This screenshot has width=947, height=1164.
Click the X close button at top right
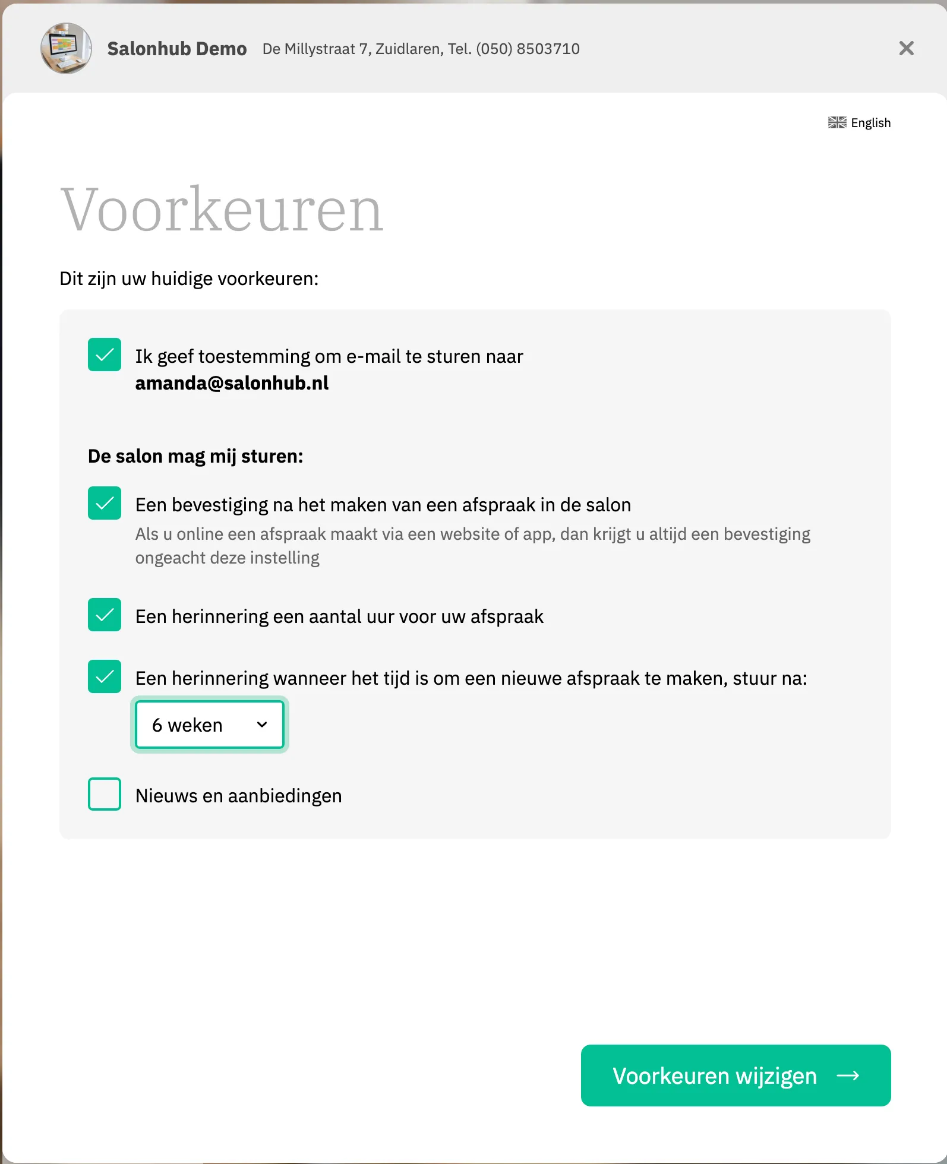(906, 48)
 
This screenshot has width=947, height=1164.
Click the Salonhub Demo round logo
(66, 49)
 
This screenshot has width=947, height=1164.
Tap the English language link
(870, 123)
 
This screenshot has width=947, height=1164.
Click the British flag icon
(837, 123)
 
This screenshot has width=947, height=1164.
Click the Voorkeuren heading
(222, 210)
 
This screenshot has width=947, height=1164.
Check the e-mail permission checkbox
(105, 355)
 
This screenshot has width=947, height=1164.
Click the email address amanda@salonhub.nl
(232, 383)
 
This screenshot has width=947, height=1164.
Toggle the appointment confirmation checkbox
(105, 503)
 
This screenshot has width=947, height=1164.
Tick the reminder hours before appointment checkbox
(105, 615)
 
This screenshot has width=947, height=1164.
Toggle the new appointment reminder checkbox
(105, 676)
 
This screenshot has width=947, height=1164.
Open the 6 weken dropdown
(209, 725)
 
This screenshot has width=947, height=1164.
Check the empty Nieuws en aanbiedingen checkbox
(105, 794)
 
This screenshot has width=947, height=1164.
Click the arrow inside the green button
(848, 1076)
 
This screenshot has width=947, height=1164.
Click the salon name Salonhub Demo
(177, 49)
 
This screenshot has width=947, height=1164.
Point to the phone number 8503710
(548, 49)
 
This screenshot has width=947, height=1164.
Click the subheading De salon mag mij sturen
(195, 456)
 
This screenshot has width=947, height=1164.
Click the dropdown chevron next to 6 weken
(262, 725)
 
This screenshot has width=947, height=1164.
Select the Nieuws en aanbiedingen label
(239, 796)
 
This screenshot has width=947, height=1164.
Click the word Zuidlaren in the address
(409, 49)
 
